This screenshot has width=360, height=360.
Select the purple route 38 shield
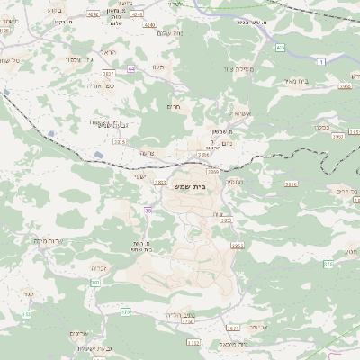click(x=148, y=210)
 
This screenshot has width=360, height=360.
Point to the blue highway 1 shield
click(x=321, y=61)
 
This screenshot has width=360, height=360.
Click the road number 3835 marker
click(x=120, y=141)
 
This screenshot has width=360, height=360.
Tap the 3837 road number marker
click(x=109, y=73)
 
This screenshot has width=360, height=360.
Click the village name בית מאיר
click(x=320, y=80)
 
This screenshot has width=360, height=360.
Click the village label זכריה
click(x=100, y=266)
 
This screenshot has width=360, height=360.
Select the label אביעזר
click(x=259, y=326)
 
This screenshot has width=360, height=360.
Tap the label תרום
click(x=175, y=106)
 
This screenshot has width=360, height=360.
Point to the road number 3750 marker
click(x=187, y=321)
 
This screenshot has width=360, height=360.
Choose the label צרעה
click(x=147, y=152)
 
